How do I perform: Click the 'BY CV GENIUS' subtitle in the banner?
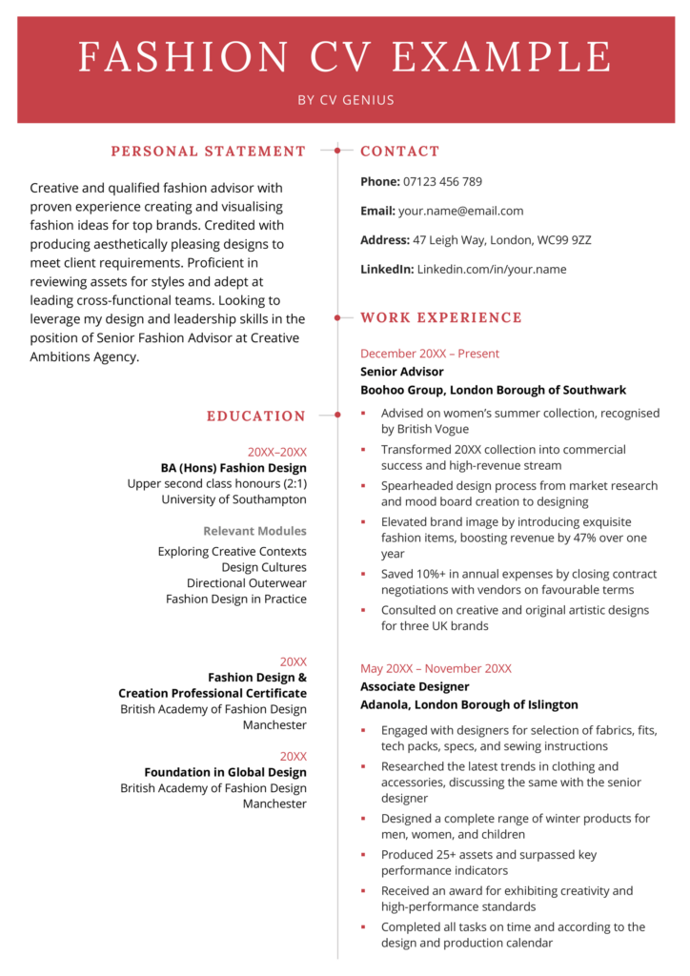pos(345,100)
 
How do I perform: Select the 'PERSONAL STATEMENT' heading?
pos(208,152)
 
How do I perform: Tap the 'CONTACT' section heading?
pos(399,152)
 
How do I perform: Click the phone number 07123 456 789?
pos(442,182)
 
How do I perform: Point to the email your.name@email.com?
pos(460,211)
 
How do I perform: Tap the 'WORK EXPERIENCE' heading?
pos(440,318)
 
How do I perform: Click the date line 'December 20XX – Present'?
pos(429,354)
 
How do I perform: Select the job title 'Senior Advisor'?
pos(401,372)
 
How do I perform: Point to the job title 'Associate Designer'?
pos(415,686)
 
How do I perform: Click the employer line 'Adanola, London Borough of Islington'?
pos(469,705)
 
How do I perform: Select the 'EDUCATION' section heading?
pos(255,417)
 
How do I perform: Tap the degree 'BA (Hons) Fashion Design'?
pos(233,468)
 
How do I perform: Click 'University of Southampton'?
pos(233,499)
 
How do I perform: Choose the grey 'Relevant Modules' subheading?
pos(254,531)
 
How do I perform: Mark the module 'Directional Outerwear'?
pos(246,583)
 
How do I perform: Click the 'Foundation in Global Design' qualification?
pos(225,772)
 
